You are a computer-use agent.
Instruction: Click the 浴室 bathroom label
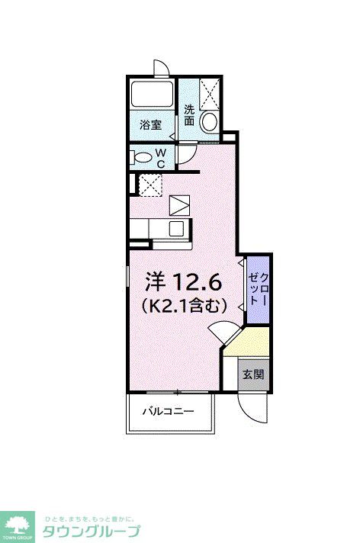(x=150, y=124)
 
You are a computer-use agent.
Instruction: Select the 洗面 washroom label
(x=189, y=114)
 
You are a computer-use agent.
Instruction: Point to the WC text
(x=161, y=158)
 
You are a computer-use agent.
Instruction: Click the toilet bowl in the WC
(x=142, y=157)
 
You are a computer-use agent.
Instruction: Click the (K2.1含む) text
(x=184, y=307)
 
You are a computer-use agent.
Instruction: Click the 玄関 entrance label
(x=253, y=374)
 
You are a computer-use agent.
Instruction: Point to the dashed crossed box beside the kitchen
(x=149, y=184)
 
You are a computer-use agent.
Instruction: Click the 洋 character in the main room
(x=156, y=283)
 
